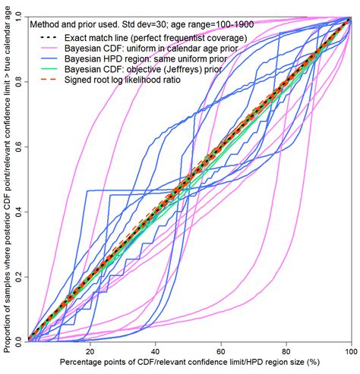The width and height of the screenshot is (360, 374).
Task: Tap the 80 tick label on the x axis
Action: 286,352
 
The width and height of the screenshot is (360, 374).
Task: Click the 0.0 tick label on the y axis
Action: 20,339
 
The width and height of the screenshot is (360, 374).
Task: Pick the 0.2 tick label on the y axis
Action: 20,275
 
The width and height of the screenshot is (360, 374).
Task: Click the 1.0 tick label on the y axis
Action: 20,16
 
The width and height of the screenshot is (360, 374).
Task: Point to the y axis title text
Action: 7,178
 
